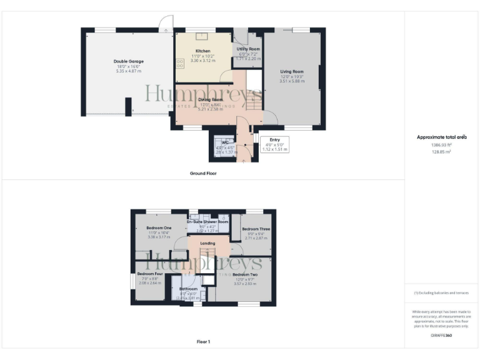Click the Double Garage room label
tap(129, 61)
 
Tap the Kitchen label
tap(202, 51)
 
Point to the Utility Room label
tap(248, 49)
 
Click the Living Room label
tap(291, 72)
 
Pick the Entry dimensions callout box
tap(274, 145)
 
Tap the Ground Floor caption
tap(203, 173)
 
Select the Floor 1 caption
tap(203, 342)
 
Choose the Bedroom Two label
tap(245, 275)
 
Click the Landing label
tap(207, 243)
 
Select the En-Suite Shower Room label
tap(207, 222)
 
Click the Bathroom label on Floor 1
tap(188, 289)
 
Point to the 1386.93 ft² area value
tap(442, 144)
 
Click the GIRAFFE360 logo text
tap(441, 336)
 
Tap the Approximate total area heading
tap(442, 137)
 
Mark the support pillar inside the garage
tap(127, 106)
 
